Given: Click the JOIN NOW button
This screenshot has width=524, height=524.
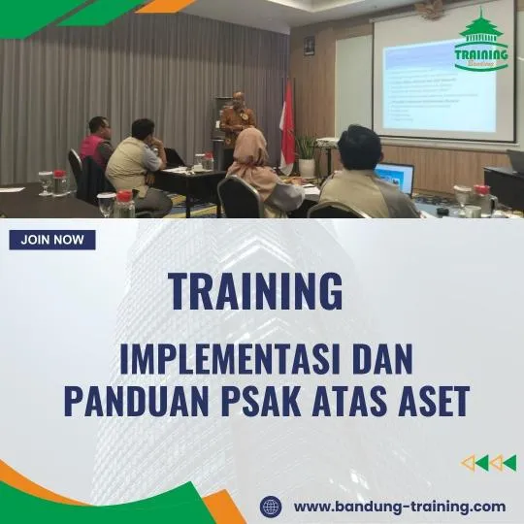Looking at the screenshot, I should pyautogui.click(x=52, y=240).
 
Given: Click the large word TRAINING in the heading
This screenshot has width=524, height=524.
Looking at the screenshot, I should pyautogui.click(x=255, y=290).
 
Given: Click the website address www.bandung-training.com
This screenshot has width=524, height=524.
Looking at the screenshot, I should pyautogui.click(x=399, y=506).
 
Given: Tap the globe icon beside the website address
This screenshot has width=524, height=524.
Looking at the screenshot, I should pyautogui.click(x=271, y=507).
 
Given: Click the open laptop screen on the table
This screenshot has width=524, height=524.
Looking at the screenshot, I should pyautogui.click(x=395, y=178).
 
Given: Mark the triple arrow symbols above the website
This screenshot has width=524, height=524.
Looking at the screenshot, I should pyautogui.click(x=488, y=463).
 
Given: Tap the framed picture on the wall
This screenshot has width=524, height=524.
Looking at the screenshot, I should pyautogui.click(x=310, y=46).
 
